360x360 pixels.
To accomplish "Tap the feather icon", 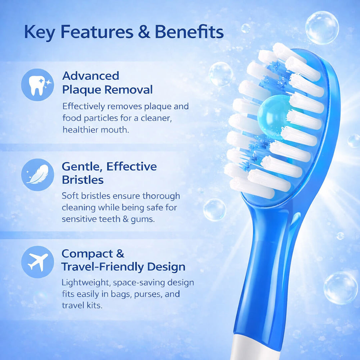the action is coord(38,175).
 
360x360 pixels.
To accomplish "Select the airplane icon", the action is coord(38,262).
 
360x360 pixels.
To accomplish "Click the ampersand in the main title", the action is coord(144,32).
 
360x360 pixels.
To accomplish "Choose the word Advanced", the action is coord(91,76).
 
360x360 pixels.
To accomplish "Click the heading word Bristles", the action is coord(83,180).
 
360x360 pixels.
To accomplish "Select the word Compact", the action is coord(87,254).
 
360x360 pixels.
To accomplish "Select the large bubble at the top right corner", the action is coord(322,28).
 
